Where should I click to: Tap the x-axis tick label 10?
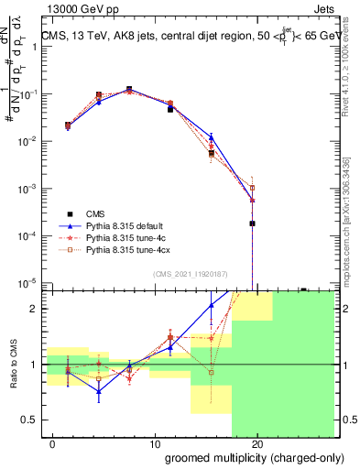(155, 445)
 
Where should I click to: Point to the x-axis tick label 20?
(258, 445)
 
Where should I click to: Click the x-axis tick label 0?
(54, 445)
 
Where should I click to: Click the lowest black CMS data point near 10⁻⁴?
(252, 223)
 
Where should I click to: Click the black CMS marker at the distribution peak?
(129, 90)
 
